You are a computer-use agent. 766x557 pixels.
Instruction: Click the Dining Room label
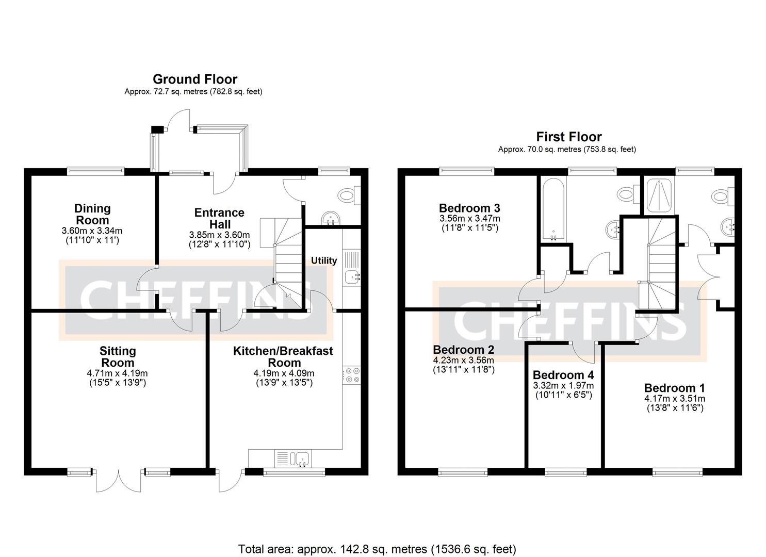[x=92, y=214]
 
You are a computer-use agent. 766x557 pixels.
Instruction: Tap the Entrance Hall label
[x=219, y=218]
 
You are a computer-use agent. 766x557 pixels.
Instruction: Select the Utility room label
[x=323, y=260]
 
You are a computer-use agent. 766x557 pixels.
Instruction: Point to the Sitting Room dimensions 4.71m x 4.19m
[x=118, y=373]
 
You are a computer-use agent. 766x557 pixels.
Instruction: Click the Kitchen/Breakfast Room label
[x=283, y=356]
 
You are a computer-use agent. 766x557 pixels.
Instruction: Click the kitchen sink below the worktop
[x=300, y=458]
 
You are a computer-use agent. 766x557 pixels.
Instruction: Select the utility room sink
[x=353, y=277]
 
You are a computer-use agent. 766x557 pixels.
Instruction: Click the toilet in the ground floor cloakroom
[x=348, y=195]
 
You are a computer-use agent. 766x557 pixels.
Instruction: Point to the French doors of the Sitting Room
[x=119, y=481]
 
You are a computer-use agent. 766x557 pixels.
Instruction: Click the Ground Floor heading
[x=195, y=79]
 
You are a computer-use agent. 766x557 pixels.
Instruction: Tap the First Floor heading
[x=568, y=137]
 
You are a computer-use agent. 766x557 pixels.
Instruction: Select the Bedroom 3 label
[x=469, y=208]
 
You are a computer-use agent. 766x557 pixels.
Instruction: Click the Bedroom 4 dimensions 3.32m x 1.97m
[x=563, y=386]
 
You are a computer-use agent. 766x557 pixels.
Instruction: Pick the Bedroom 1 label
[x=674, y=388]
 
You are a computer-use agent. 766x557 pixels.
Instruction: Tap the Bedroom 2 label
[x=463, y=350]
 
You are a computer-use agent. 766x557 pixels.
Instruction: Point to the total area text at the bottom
[x=377, y=549]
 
